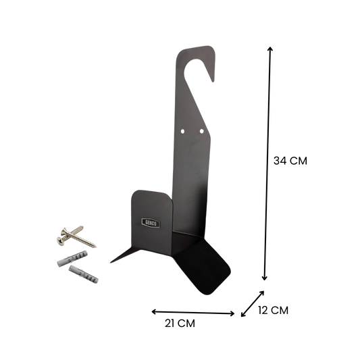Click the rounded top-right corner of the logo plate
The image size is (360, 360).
click(x=173, y=193)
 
